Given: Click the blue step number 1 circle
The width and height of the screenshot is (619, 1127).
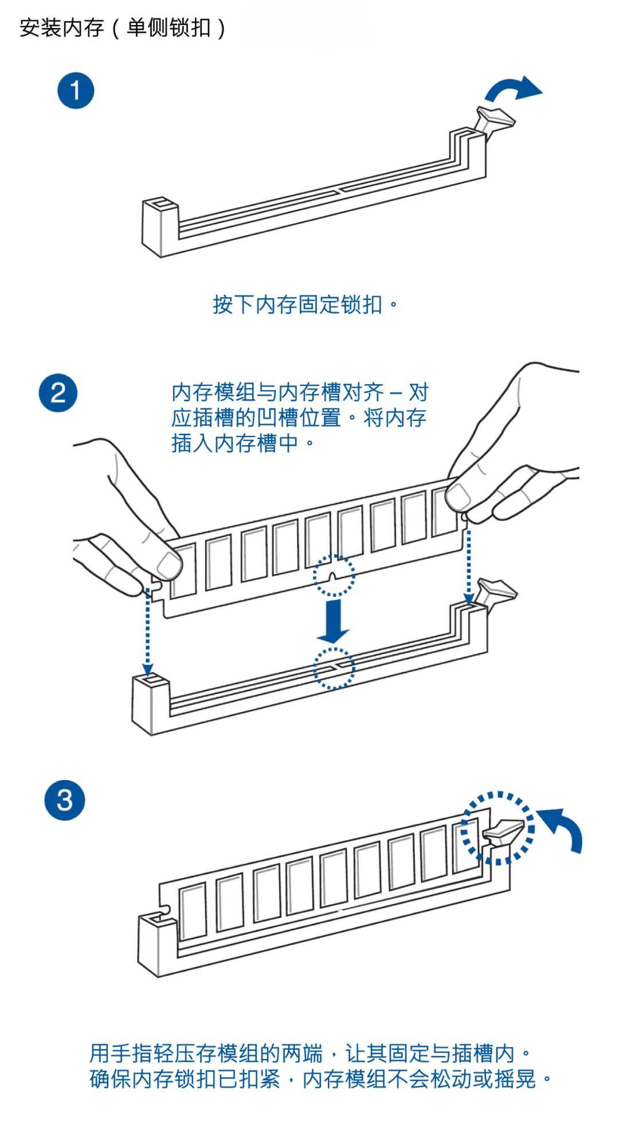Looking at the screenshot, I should coord(75,91).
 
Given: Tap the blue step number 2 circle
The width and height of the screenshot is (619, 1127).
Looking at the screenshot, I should coord(58,393).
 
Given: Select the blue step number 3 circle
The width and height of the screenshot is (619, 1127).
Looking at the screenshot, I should coord(64,800).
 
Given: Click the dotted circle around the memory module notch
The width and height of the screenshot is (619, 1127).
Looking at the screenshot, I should coord(334,575).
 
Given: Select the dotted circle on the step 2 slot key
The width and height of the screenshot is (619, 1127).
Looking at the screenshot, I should coord(334,668).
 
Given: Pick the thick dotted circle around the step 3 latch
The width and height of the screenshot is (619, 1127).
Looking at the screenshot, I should coord(497,828).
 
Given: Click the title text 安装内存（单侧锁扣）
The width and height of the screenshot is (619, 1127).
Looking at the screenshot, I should coord(123,28).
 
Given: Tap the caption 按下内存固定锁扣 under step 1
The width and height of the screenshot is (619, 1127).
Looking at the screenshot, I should coord(304,304).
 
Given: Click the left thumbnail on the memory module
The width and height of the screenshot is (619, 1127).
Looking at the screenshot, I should coord(168,565).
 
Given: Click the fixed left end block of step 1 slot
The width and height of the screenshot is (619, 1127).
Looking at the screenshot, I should coord(159,227).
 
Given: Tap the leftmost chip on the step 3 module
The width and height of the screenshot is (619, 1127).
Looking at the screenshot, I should coord(193,911).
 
